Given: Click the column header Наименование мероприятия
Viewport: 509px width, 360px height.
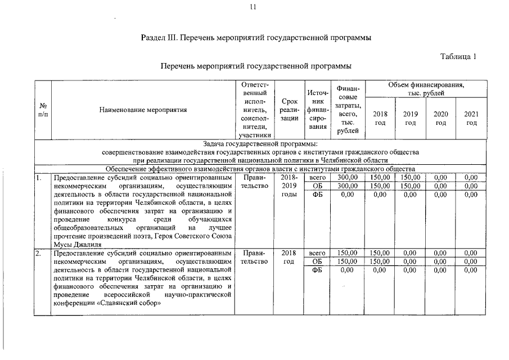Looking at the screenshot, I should [x=143, y=110].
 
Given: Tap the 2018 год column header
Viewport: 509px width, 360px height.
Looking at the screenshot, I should [x=380, y=118].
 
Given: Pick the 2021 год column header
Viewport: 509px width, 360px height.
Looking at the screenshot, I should [x=471, y=118].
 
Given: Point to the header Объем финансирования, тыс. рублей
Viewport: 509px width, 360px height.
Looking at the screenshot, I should [x=426, y=88].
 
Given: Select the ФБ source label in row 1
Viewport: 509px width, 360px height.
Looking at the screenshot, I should [x=317, y=194].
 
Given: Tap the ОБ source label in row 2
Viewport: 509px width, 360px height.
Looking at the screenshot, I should [x=317, y=262].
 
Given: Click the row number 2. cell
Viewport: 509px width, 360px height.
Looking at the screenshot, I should [x=39, y=253].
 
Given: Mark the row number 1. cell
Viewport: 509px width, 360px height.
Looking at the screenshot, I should [x=39, y=177].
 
